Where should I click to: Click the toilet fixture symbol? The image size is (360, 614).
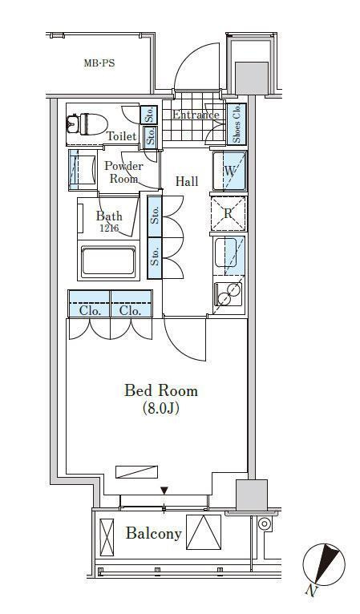click(87, 124)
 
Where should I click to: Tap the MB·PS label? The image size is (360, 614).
click(99, 63)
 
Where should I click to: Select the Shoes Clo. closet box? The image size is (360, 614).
click(237, 123)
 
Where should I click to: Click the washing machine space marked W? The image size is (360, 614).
click(229, 171)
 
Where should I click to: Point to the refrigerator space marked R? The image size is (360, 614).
click(229, 214)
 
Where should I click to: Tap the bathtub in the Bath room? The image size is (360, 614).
click(108, 261)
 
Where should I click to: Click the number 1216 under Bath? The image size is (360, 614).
click(109, 228)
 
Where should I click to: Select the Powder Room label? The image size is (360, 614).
click(123, 172)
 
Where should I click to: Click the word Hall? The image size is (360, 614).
click(187, 181)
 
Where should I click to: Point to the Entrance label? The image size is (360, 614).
click(196, 115)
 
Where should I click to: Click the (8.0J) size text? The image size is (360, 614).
click(161, 409)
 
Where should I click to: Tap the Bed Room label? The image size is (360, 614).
click(161, 391)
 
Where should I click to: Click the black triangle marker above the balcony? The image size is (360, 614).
click(164, 491)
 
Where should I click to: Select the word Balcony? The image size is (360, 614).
click(154, 534)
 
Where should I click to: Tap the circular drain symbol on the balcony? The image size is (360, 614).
click(265, 523)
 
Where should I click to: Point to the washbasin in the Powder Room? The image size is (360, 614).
click(83, 171)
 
